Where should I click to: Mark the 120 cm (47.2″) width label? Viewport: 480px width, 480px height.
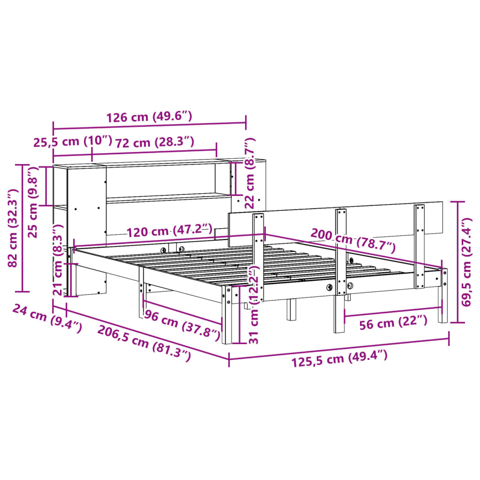[168, 231]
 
